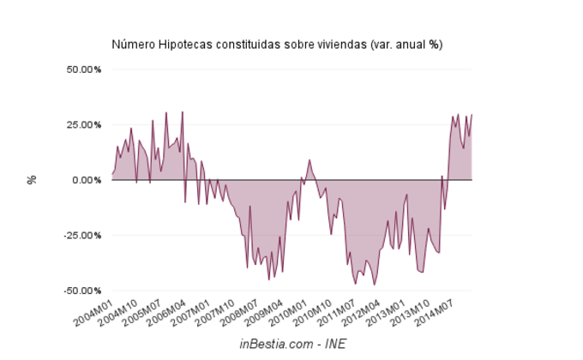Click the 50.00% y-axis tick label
click(x=84, y=69)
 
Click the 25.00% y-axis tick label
click(x=84, y=124)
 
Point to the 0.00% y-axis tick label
click(x=87, y=180)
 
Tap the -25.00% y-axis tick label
click(x=82, y=235)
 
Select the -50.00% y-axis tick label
click(x=82, y=291)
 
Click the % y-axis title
click(x=33, y=180)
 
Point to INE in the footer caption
click(x=335, y=344)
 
